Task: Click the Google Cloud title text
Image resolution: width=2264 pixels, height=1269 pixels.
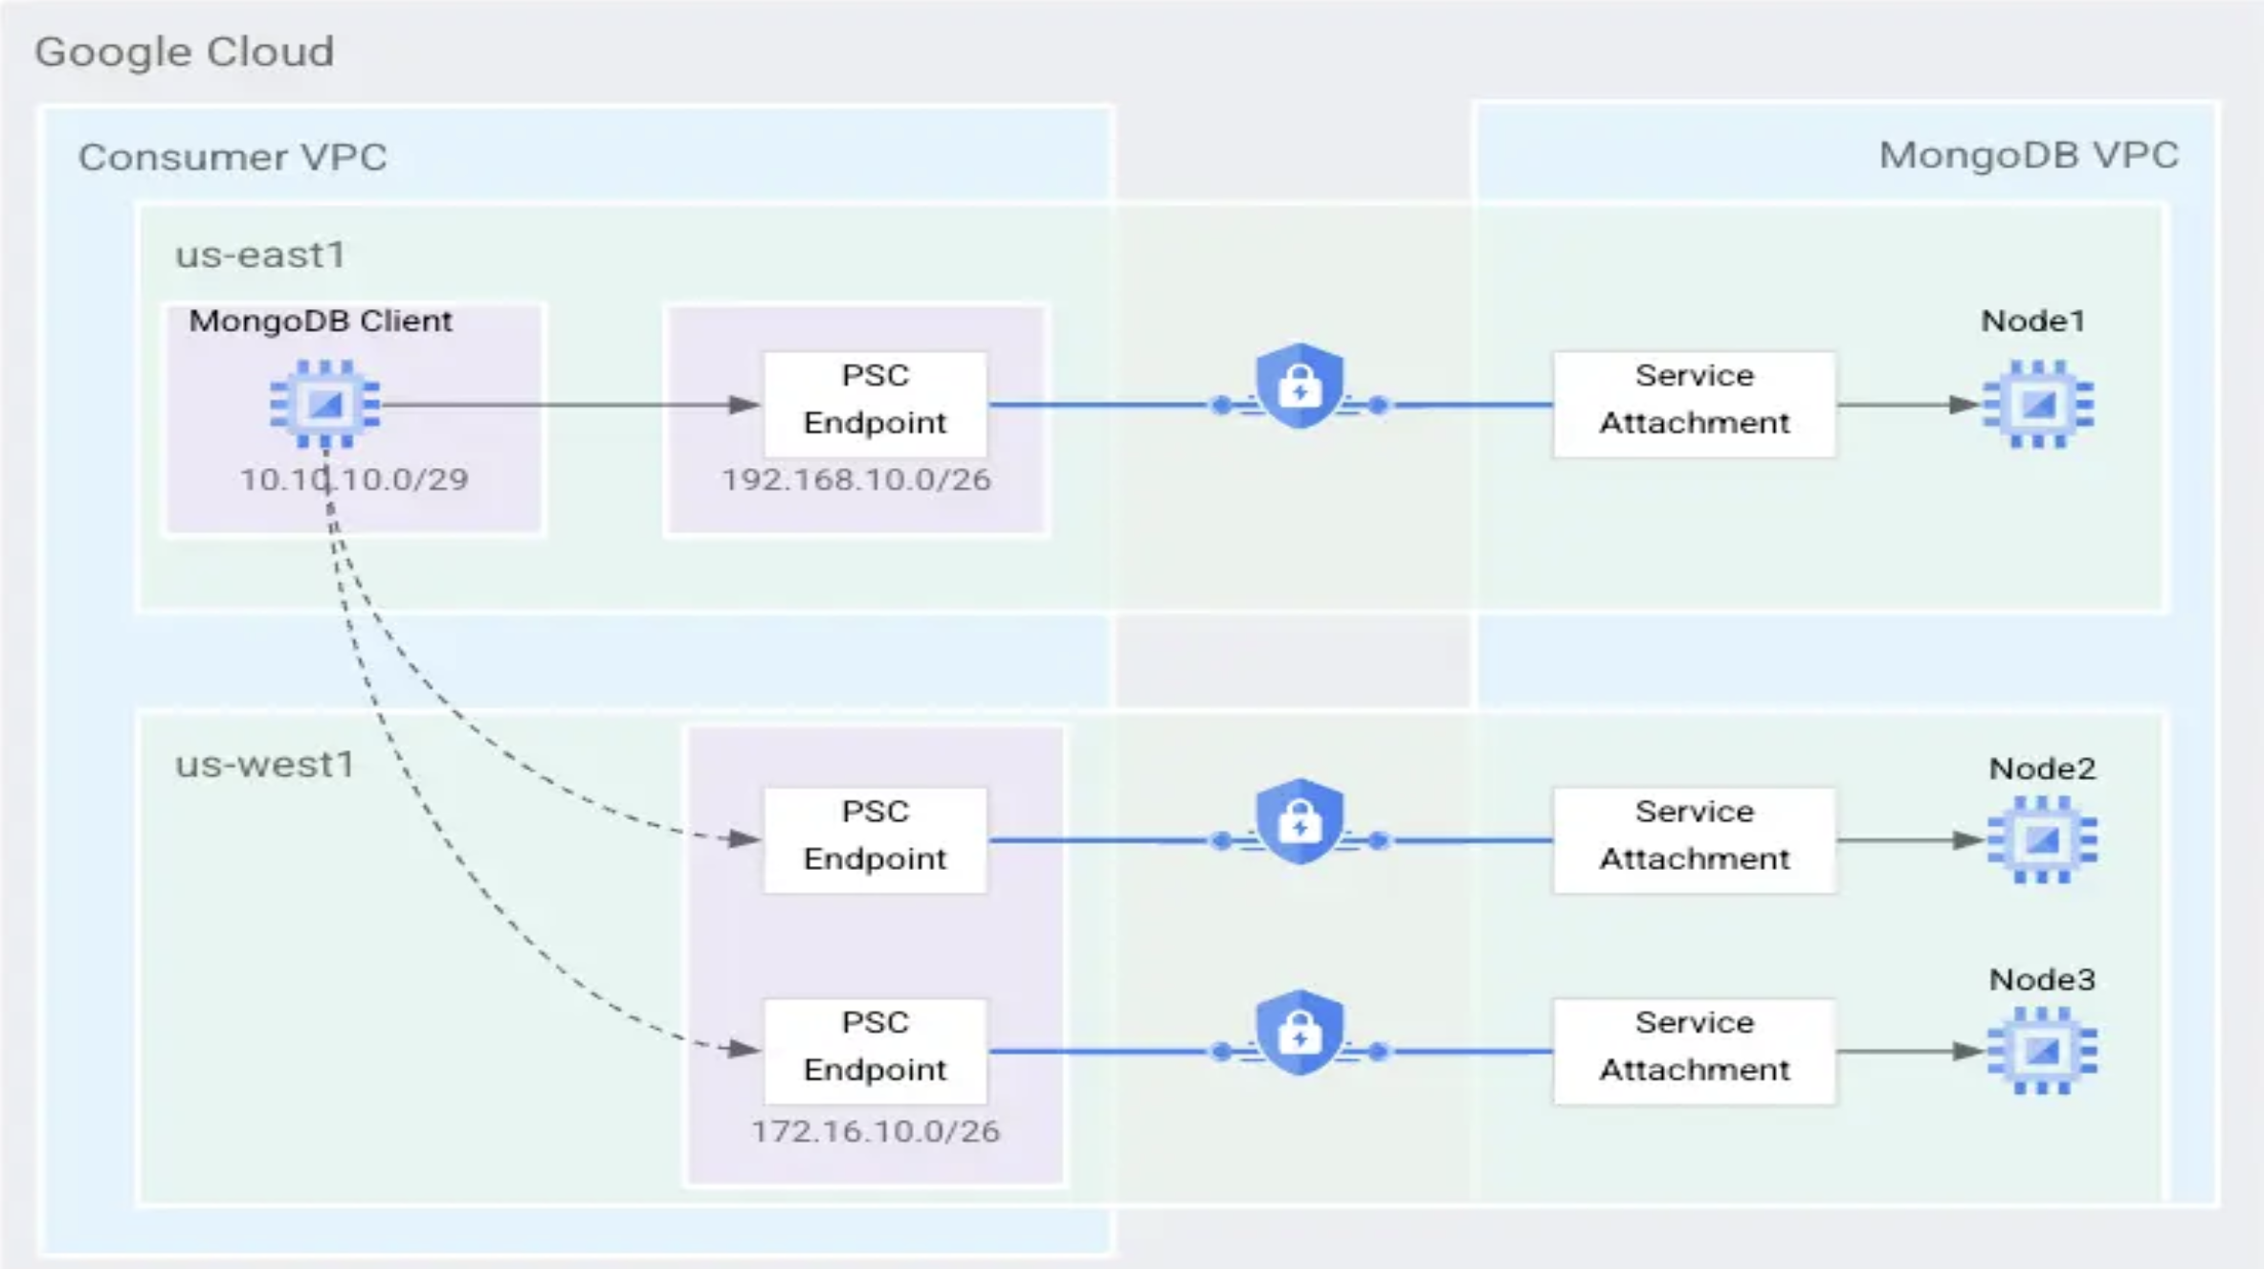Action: [x=185, y=52]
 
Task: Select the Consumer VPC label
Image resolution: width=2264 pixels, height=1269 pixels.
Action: [x=233, y=157]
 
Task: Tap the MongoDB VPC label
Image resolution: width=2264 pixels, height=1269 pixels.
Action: [x=2028, y=155]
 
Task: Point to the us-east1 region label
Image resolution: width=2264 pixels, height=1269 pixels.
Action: [x=259, y=256]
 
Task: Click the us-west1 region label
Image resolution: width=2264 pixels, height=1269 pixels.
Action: [x=264, y=765]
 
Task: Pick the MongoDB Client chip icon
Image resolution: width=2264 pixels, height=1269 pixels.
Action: [x=324, y=404]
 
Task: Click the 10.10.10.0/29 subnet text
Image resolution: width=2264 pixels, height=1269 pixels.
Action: [x=354, y=479]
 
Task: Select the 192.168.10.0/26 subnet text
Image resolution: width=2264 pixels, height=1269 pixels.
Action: [x=855, y=479]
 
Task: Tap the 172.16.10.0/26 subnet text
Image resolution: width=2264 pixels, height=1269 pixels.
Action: [x=875, y=1131]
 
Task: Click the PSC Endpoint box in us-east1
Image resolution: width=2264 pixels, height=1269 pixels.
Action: [x=875, y=404]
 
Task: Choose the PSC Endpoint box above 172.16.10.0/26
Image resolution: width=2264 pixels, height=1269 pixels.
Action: [x=875, y=1051]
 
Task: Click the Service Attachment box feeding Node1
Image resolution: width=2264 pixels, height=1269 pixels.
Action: [x=1694, y=404]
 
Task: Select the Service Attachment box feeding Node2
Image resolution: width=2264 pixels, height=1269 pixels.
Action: [x=1694, y=839]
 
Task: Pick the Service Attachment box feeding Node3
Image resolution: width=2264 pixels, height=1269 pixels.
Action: [x=1694, y=1051]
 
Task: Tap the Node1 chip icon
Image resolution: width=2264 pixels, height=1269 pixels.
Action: [x=2038, y=404]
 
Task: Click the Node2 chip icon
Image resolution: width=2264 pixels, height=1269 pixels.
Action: [x=2042, y=839]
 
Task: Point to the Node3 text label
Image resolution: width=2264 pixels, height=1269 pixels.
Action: [x=2042, y=979]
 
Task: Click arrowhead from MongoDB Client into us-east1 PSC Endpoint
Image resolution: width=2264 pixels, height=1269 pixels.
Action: [x=744, y=405]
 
